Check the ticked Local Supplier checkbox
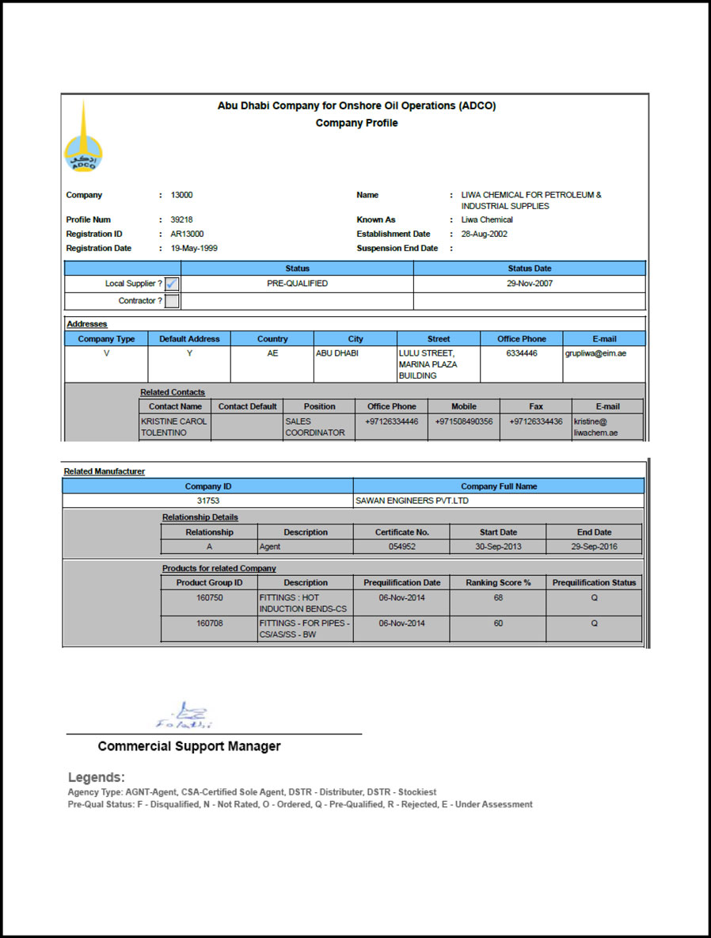(172, 284)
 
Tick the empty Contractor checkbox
(172, 301)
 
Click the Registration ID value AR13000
(187, 234)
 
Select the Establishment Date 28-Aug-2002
(485, 234)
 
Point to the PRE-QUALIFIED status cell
(297, 284)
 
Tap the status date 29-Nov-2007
(530, 284)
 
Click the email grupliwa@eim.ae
(595, 353)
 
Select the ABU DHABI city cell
(337, 353)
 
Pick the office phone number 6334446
(521, 353)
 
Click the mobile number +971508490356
(463, 421)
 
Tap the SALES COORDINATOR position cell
(315, 427)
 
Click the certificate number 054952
(401, 547)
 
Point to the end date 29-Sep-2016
(594, 547)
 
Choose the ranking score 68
(498, 597)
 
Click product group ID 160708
(209, 623)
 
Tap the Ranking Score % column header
(498, 582)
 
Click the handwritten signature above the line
(185, 716)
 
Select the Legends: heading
(97, 777)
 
